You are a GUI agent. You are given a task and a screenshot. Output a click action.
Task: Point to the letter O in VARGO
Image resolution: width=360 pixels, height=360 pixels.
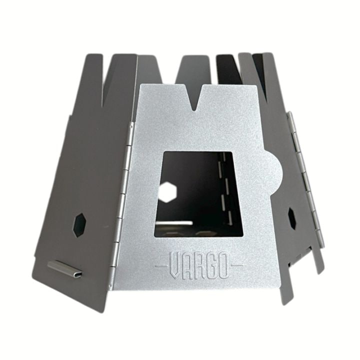click(x=223, y=265)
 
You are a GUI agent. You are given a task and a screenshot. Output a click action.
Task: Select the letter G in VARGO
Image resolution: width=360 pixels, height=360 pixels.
click(x=211, y=265)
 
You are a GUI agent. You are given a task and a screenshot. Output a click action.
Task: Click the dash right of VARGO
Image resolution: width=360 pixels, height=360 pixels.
click(x=236, y=265)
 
